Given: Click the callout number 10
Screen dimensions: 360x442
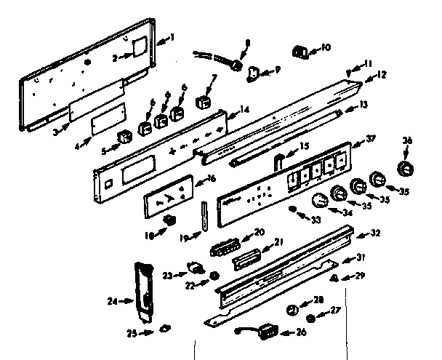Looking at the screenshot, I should click(x=325, y=48).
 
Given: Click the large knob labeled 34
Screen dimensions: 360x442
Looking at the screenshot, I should click(x=320, y=202).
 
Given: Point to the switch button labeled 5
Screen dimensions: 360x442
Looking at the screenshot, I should click(x=125, y=136).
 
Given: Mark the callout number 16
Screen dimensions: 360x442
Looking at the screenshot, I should click(x=211, y=178).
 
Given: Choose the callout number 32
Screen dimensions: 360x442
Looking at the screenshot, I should click(x=376, y=234).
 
